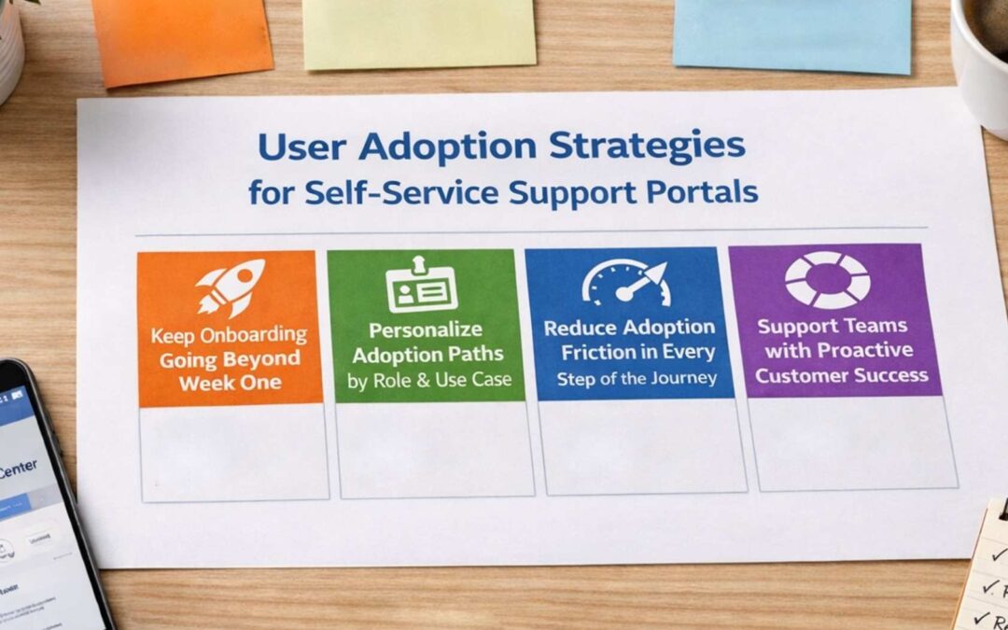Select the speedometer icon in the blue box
coord(627,283)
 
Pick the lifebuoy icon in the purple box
coord(826,280)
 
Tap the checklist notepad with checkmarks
coord(985,569)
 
